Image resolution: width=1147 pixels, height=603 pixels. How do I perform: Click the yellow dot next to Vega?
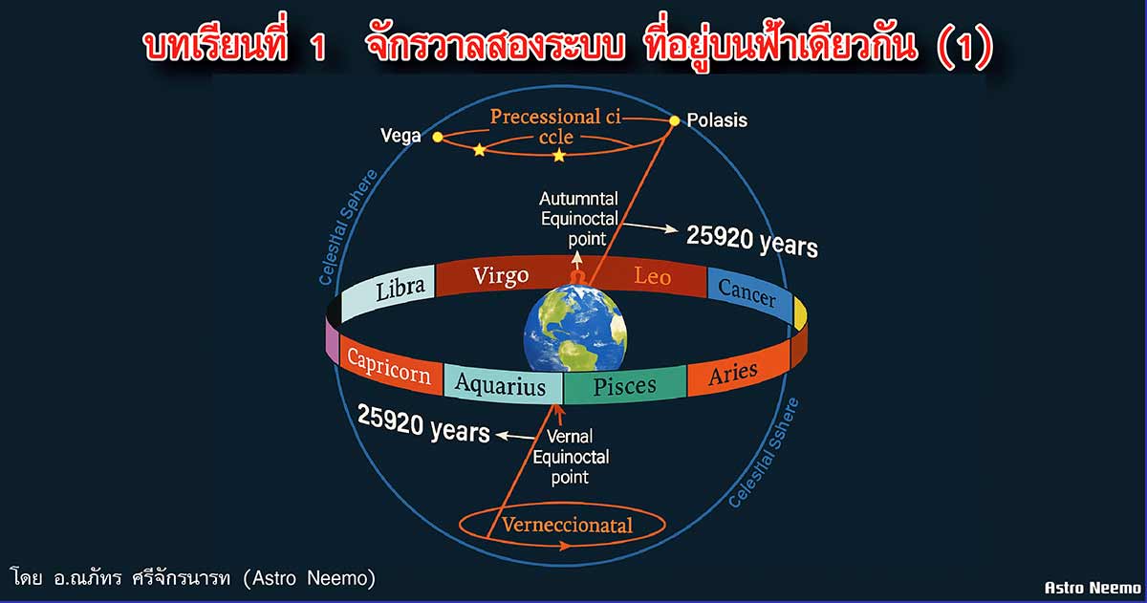point(438,138)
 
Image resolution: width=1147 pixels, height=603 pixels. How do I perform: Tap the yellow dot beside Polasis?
point(675,120)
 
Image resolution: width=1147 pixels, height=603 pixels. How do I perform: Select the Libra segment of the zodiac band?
point(388,291)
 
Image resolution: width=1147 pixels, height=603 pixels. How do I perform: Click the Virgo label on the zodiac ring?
point(501,276)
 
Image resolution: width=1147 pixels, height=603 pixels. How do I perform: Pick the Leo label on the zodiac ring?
point(652,276)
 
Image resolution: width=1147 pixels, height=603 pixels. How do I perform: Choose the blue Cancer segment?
point(749,295)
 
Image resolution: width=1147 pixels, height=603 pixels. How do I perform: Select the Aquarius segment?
point(503,384)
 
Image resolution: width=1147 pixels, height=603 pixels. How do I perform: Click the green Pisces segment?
point(625,385)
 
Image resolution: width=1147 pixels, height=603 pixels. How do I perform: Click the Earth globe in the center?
point(575,329)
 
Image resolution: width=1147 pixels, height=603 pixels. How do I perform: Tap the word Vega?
point(400,136)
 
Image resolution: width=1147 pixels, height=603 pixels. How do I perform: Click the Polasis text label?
point(717,120)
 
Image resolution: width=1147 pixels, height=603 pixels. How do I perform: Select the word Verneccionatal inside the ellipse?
point(568,526)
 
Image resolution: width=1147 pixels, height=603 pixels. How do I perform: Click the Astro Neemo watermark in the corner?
point(1093,588)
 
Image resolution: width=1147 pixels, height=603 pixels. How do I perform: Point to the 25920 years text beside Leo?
point(751,241)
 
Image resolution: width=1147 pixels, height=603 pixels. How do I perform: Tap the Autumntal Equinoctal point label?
point(579,219)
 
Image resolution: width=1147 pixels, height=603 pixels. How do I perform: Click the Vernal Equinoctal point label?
point(571,457)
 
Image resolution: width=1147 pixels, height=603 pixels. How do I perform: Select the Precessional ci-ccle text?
point(555,126)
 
